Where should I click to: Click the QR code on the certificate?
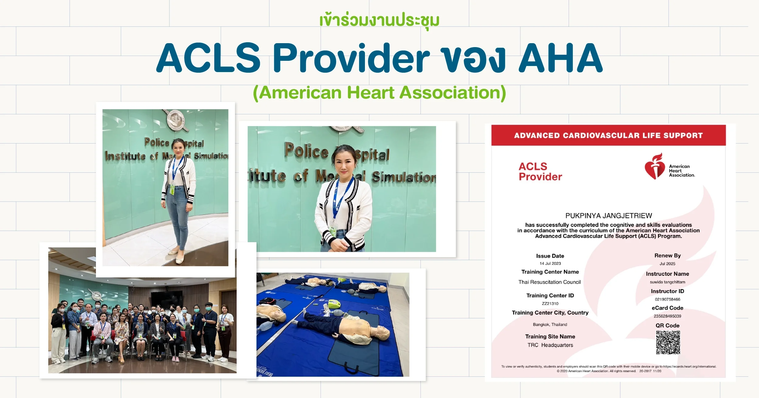pyautogui.click(x=668, y=342)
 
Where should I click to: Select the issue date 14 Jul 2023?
pyautogui.click(x=550, y=264)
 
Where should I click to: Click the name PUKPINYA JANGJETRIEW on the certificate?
pyautogui.click(x=608, y=216)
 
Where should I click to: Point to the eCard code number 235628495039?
pyautogui.click(x=667, y=316)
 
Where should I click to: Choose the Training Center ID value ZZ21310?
pyautogui.click(x=550, y=303)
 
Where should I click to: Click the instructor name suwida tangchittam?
pyautogui.click(x=667, y=282)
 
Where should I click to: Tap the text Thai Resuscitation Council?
pyautogui.click(x=550, y=282)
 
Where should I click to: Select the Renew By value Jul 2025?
pyautogui.click(x=667, y=264)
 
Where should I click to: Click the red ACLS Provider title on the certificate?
pyautogui.click(x=540, y=172)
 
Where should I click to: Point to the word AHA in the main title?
pyautogui.click(x=560, y=58)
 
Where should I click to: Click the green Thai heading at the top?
pyautogui.click(x=379, y=21)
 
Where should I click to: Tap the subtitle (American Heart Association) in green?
pyautogui.click(x=379, y=93)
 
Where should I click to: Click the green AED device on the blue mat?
pyautogui.click(x=334, y=303)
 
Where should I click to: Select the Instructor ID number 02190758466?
pyautogui.click(x=667, y=299)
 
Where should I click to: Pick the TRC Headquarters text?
pyautogui.click(x=550, y=345)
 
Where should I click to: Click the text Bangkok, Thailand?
pyautogui.click(x=550, y=325)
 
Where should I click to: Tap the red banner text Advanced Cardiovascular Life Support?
pyautogui.click(x=608, y=136)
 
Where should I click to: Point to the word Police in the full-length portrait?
pyautogui.click(x=157, y=142)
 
